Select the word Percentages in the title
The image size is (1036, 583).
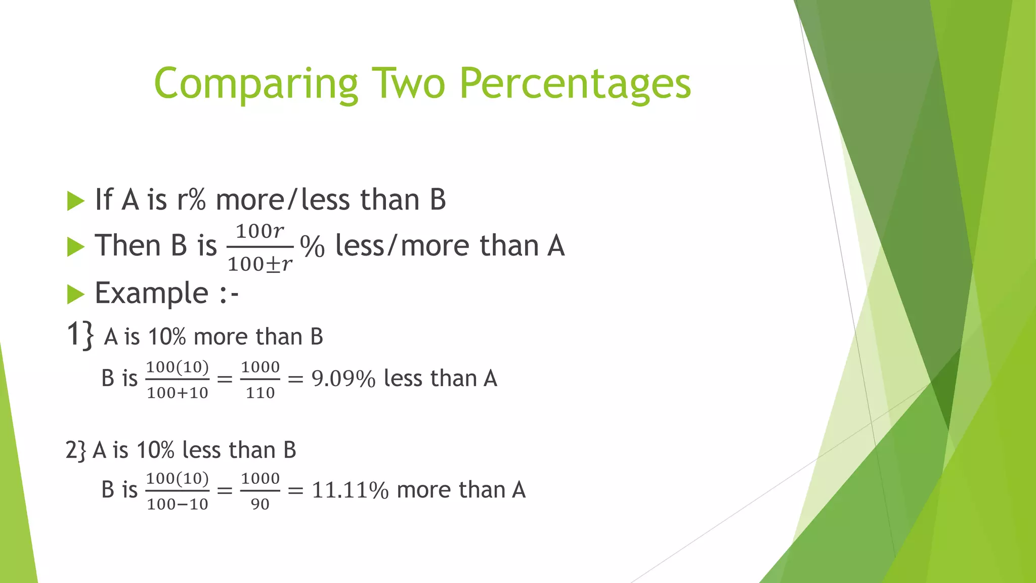pyautogui.click(x=575, y=84)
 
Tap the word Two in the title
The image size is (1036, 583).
pyautogui.click(x=408, y=83)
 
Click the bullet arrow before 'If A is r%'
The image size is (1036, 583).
pyautogui.click(x=75, y=201)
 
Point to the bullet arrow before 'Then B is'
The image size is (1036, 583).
pyautogui.click(x=75, y=247)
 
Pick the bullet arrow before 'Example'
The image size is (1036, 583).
pyautogui.click(x=75, y=294)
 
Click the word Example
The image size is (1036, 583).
pyautogui.click(x=151, y=294)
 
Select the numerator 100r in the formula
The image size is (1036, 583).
pyautogui.click(x=260, y=232)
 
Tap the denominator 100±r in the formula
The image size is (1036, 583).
pyautogui.click(x=260, y=264)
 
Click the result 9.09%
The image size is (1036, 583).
pyautogui.click(x=343, y=379)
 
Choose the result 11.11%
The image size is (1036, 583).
pyautogui.click(x=350, y=490)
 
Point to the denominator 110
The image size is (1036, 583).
pyautogui.click(x=260, y=393)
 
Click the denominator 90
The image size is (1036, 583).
pyautogui.click(x=260, y=504)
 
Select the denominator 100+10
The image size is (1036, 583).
pyautogui.click(x=178, y=393)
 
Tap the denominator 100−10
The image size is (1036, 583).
pyautogui.click(x=178, y=504)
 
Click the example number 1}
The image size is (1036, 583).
pyautogui.click(x=80, y=335)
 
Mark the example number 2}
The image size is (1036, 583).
pyautogui.click(x=76, y=450)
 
